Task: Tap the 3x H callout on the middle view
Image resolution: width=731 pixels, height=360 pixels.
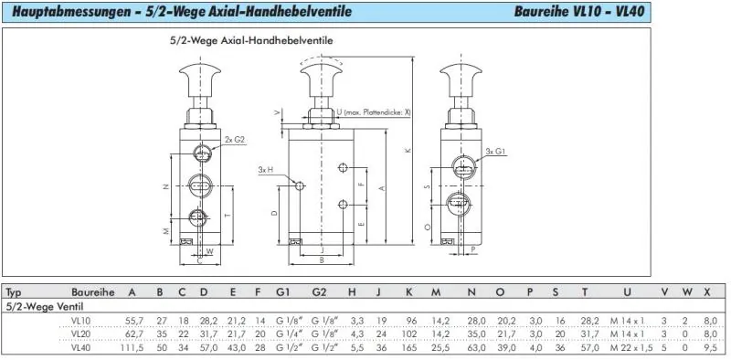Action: (x=266, y=169)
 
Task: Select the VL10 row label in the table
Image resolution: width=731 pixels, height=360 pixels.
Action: (x=81, y=320)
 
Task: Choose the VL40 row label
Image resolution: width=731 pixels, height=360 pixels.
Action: (x=81, y=347)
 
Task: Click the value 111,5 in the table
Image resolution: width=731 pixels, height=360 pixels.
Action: (x=131, y=347)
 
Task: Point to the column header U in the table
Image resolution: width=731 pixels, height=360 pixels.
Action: (x=626, y=292)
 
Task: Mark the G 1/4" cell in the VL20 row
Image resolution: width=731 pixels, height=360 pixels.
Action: (x=287, y=334)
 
